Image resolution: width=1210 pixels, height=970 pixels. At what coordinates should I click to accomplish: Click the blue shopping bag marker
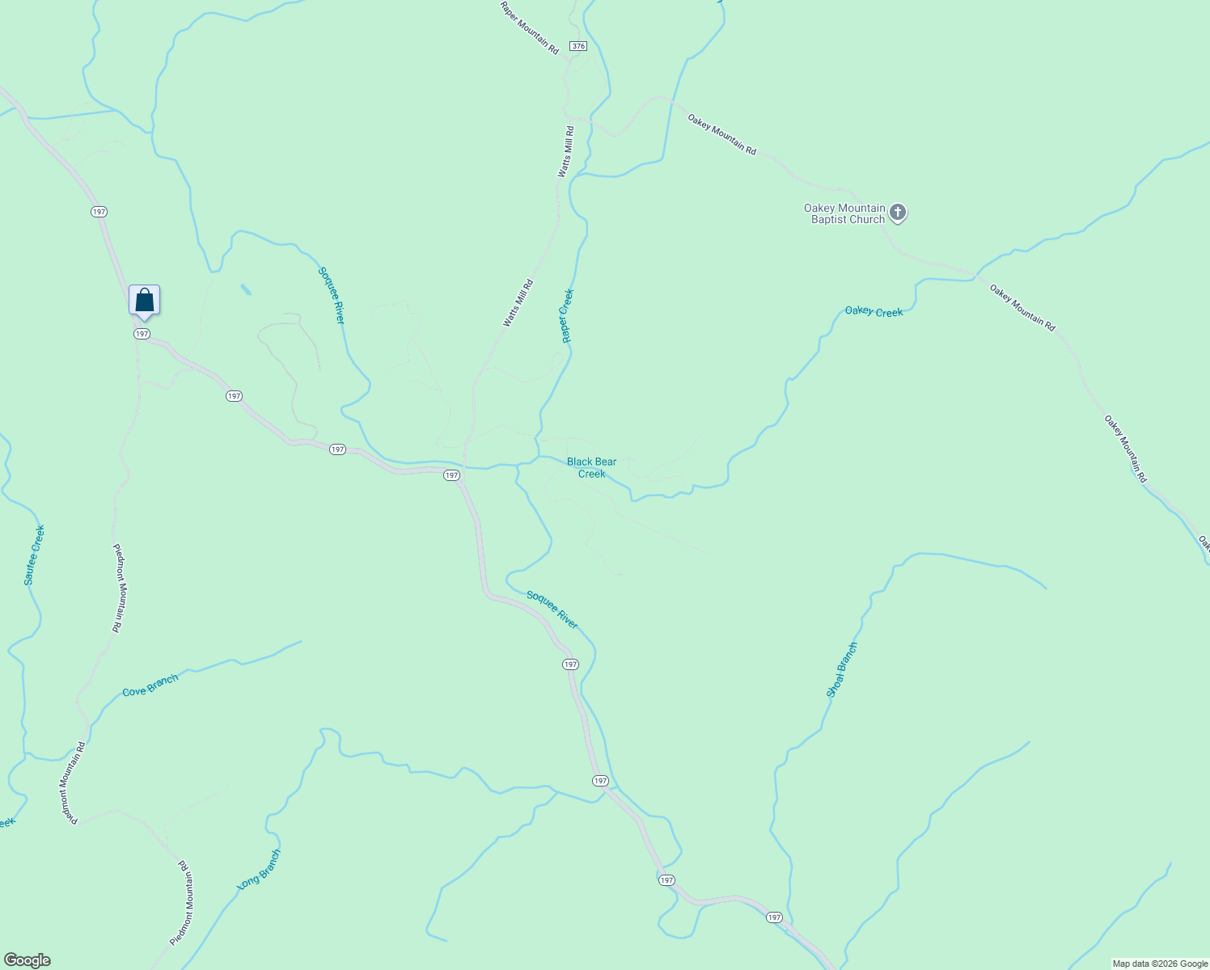tap(144, 301)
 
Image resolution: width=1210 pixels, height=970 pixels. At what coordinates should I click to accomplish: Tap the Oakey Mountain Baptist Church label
tap(844, 213)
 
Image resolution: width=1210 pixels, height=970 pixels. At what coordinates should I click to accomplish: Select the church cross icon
tap(897, 213)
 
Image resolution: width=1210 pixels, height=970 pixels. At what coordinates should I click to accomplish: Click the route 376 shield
tap(577, 46)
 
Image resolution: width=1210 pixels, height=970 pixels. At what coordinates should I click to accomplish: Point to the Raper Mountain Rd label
tap(530, 28)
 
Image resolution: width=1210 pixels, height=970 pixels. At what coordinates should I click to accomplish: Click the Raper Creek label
tap(568, 316)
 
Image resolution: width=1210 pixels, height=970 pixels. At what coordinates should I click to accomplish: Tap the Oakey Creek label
tap(874, 311)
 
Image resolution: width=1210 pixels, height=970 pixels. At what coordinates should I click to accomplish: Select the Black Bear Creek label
tap(591, 467)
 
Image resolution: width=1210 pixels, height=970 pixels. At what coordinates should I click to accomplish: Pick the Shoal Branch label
tap(842, 670)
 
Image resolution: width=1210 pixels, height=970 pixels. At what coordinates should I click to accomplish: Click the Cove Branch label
tap(150, 686)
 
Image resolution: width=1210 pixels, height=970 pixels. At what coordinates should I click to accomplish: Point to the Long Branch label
tap(259, 870)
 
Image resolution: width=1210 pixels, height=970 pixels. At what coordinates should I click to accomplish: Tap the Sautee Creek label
tap(34, 555)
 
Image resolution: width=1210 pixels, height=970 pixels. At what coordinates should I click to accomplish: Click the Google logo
tap(27, 960)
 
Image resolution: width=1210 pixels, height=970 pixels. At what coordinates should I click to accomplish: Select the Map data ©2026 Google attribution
tap(1159, 964)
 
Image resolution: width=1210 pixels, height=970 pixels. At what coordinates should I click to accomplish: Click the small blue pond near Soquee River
tap(245, 289)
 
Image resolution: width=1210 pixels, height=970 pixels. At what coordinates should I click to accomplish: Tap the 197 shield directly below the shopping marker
tap(142, 334)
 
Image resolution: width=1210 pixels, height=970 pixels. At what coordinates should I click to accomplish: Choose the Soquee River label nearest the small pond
tap(332, 296)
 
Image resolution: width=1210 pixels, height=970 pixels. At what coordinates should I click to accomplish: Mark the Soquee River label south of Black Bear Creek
tap(552, 609)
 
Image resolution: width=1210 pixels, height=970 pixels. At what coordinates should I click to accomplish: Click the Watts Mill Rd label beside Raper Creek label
tap(518, 303)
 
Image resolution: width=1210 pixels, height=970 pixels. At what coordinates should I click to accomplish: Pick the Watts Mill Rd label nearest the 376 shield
tap(565, 152)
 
